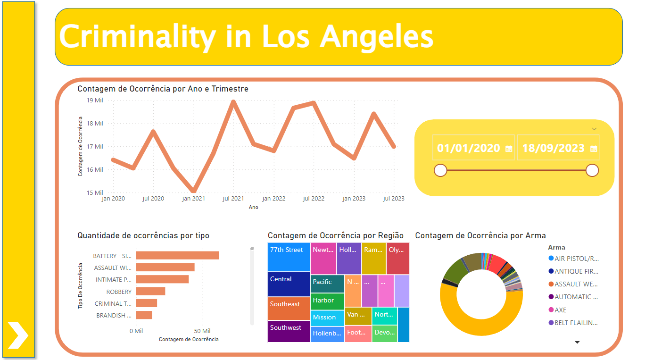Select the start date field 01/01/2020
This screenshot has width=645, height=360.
[468, 148]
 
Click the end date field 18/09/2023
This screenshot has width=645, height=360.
[553, 148]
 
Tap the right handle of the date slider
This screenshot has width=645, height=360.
[592, 170]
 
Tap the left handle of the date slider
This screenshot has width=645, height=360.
[440, 170]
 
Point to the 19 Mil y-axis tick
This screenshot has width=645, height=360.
[95, 100]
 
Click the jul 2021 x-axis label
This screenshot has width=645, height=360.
[233, 199]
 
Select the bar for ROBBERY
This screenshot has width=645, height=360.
[150, 291]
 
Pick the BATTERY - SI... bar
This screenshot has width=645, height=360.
[177, 255]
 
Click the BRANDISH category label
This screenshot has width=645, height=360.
[111, 315]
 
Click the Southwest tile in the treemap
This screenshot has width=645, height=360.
[289, 331]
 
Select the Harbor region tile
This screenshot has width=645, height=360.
[327, 301]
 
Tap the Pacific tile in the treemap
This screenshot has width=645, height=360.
[327, 283]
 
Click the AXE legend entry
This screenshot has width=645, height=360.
[561, 310]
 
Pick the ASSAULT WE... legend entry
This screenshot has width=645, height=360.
[576, 284]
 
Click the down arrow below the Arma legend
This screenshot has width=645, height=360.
[577, 342]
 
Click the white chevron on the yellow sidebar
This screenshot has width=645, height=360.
[18, 335]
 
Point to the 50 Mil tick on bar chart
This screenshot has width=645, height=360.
[203, 331]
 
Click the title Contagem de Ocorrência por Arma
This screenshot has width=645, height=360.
[480, 235]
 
